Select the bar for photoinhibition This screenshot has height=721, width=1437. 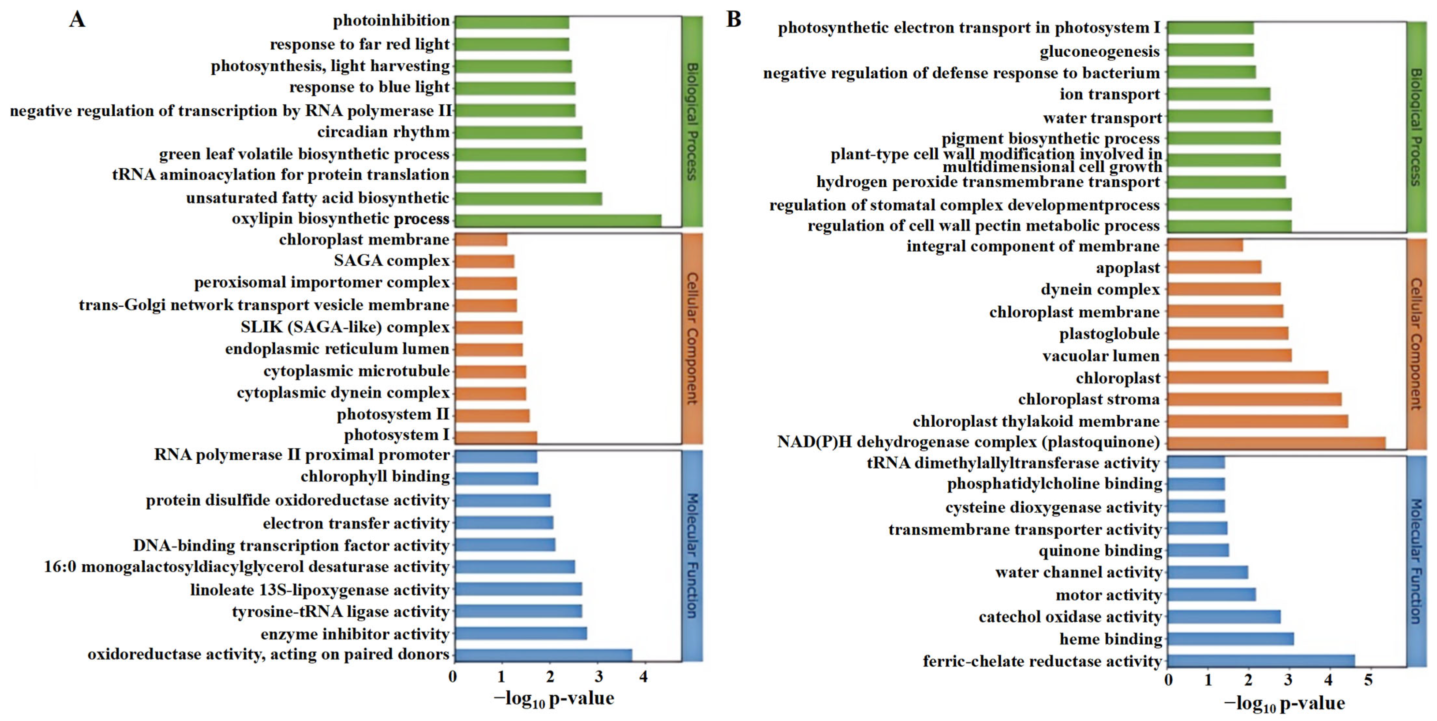click(511, 22)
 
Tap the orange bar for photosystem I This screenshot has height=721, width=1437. click(496, 437)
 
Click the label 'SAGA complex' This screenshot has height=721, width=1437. click(392, 261)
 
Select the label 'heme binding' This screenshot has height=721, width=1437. click(1111, 639)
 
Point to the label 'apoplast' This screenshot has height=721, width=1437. click(1128, 268)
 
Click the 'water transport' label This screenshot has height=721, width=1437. click(1102, 118)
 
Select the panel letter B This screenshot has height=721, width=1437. click(734, 20)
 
